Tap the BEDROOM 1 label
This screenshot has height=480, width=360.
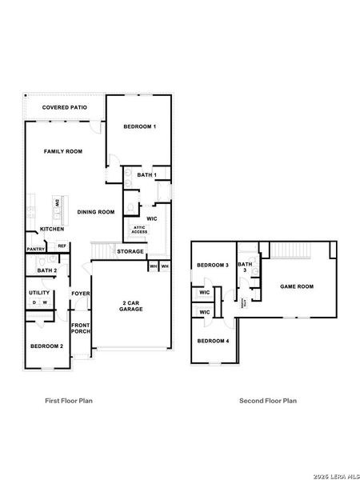[x=139, y=126]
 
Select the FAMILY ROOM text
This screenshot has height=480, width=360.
[x=63, y=150]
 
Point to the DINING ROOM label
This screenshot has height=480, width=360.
[x=96, y=212]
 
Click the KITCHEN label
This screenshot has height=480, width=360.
[x=52, y=230]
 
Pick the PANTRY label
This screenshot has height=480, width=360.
[x=35, y=249]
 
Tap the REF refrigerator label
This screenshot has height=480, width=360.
[x=61, y=246]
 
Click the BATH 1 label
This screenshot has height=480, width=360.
[x=146, y=174]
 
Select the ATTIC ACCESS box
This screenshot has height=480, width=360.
[x=139, y=230]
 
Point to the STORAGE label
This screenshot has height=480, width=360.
[x=130, y=251]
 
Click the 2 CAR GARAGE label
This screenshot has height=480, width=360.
[x=132, y=306]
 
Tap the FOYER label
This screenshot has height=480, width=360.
[x=81, y=294]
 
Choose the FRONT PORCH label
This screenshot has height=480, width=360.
[x=81, y=328]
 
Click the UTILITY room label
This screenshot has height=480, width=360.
[x=40, y=293]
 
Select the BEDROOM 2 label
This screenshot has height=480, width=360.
[x=46, y=346]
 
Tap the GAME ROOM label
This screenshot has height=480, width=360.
[x=296, y=286]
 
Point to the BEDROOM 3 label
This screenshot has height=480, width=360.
[x=213, y=265]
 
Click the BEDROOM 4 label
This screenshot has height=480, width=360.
[x=213, y=341]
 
